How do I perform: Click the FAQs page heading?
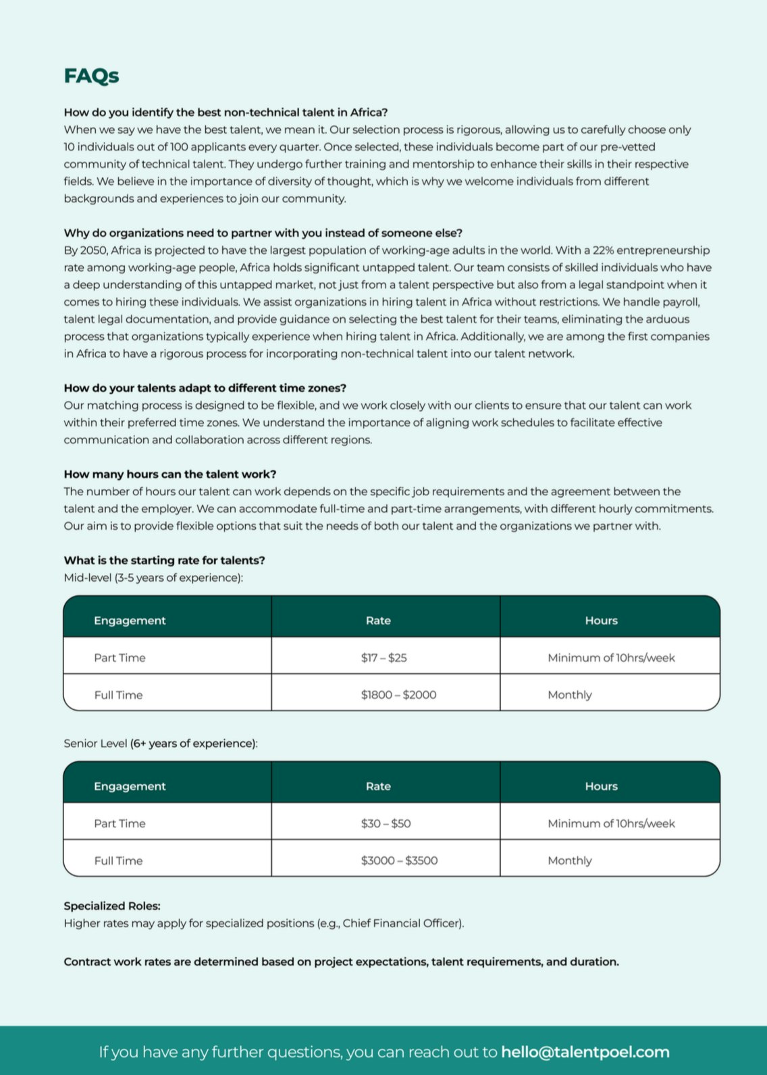click(91, 76)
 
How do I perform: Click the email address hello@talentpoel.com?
click(585, 1051)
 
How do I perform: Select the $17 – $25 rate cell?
click(383, 657)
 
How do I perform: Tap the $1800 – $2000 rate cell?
click(398, 694)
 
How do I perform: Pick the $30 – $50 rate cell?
click(386, 823)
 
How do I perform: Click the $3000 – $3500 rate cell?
click(399, 860)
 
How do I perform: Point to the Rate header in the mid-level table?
click(378, 620)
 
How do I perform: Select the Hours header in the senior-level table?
click(601, 786)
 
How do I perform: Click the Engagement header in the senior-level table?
click(130, 786)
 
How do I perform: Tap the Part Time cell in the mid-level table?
click(120, 657)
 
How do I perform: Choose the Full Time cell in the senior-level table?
click(118, 860)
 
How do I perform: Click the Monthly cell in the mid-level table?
click(569, 694)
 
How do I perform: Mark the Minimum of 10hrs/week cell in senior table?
click(611, 823)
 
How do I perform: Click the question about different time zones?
click(205, 388)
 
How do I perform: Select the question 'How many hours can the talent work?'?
click(170, 474)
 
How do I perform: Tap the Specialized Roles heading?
click(112, 906)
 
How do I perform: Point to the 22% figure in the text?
click(603, 250)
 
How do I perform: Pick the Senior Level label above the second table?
click(95, 743)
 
